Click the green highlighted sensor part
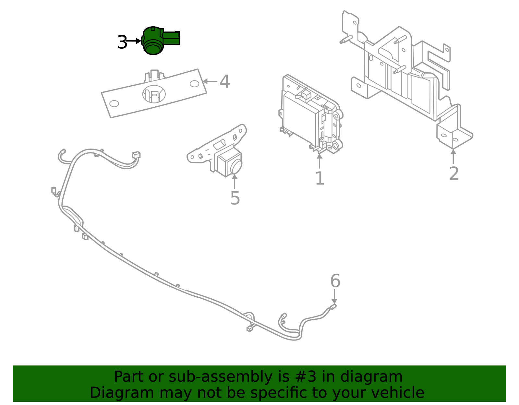pyautogui.click(x=156, y=41)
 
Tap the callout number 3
pyautogui.click(x=122, y=42)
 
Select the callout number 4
pyautogui.click(x=224, y=82)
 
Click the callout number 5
pyautogui.click(x=235, y=198)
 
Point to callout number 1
pyautogui.click(x=320, y=178)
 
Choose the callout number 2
pyautogui.click(x=454, y=173)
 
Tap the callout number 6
pyautogui.click(x=335, y=281)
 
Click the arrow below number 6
pyautogui.click(x=334, y=297)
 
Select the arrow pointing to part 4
pyautogui.click(x=210, y=81)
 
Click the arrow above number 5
pyautogui.click(x=235, y=182)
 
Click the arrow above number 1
pyautogui.click(x=320, y=161)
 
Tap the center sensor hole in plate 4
pyautogui.click(x=154, y=94)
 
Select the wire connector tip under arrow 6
pyautogui.click(x=333, y=306)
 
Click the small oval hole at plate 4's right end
pyautogui.click(x=194, y=84)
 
